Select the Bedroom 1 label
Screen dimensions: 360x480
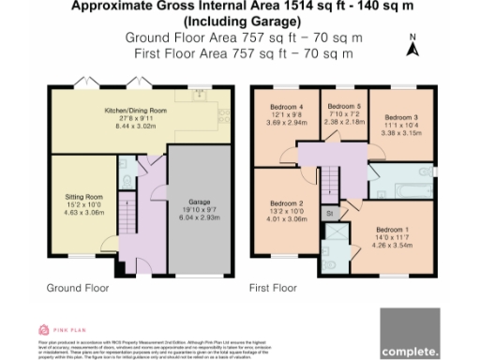point(392,229)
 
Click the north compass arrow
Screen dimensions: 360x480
point(411,50)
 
